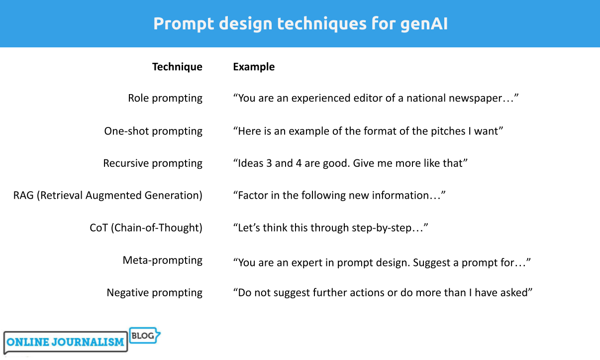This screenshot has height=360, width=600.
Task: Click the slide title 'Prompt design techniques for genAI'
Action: point(300,24)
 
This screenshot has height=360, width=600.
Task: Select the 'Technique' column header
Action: point(177,67)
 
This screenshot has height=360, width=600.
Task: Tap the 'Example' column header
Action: point(254,67)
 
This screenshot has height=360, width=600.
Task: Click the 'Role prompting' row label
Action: point(165,99)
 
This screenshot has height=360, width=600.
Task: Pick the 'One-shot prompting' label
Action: point(153,131)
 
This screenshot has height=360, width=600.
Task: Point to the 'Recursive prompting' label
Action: point(153,163)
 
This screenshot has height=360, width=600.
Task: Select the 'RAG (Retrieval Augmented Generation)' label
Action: point(108,195)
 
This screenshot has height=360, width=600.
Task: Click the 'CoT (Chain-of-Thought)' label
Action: point(146,228)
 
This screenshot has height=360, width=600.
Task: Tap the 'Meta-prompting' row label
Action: point(163,260)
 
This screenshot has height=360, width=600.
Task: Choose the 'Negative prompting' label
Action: point(155,293)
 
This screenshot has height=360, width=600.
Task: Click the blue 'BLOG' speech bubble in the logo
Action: point(144,336)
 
